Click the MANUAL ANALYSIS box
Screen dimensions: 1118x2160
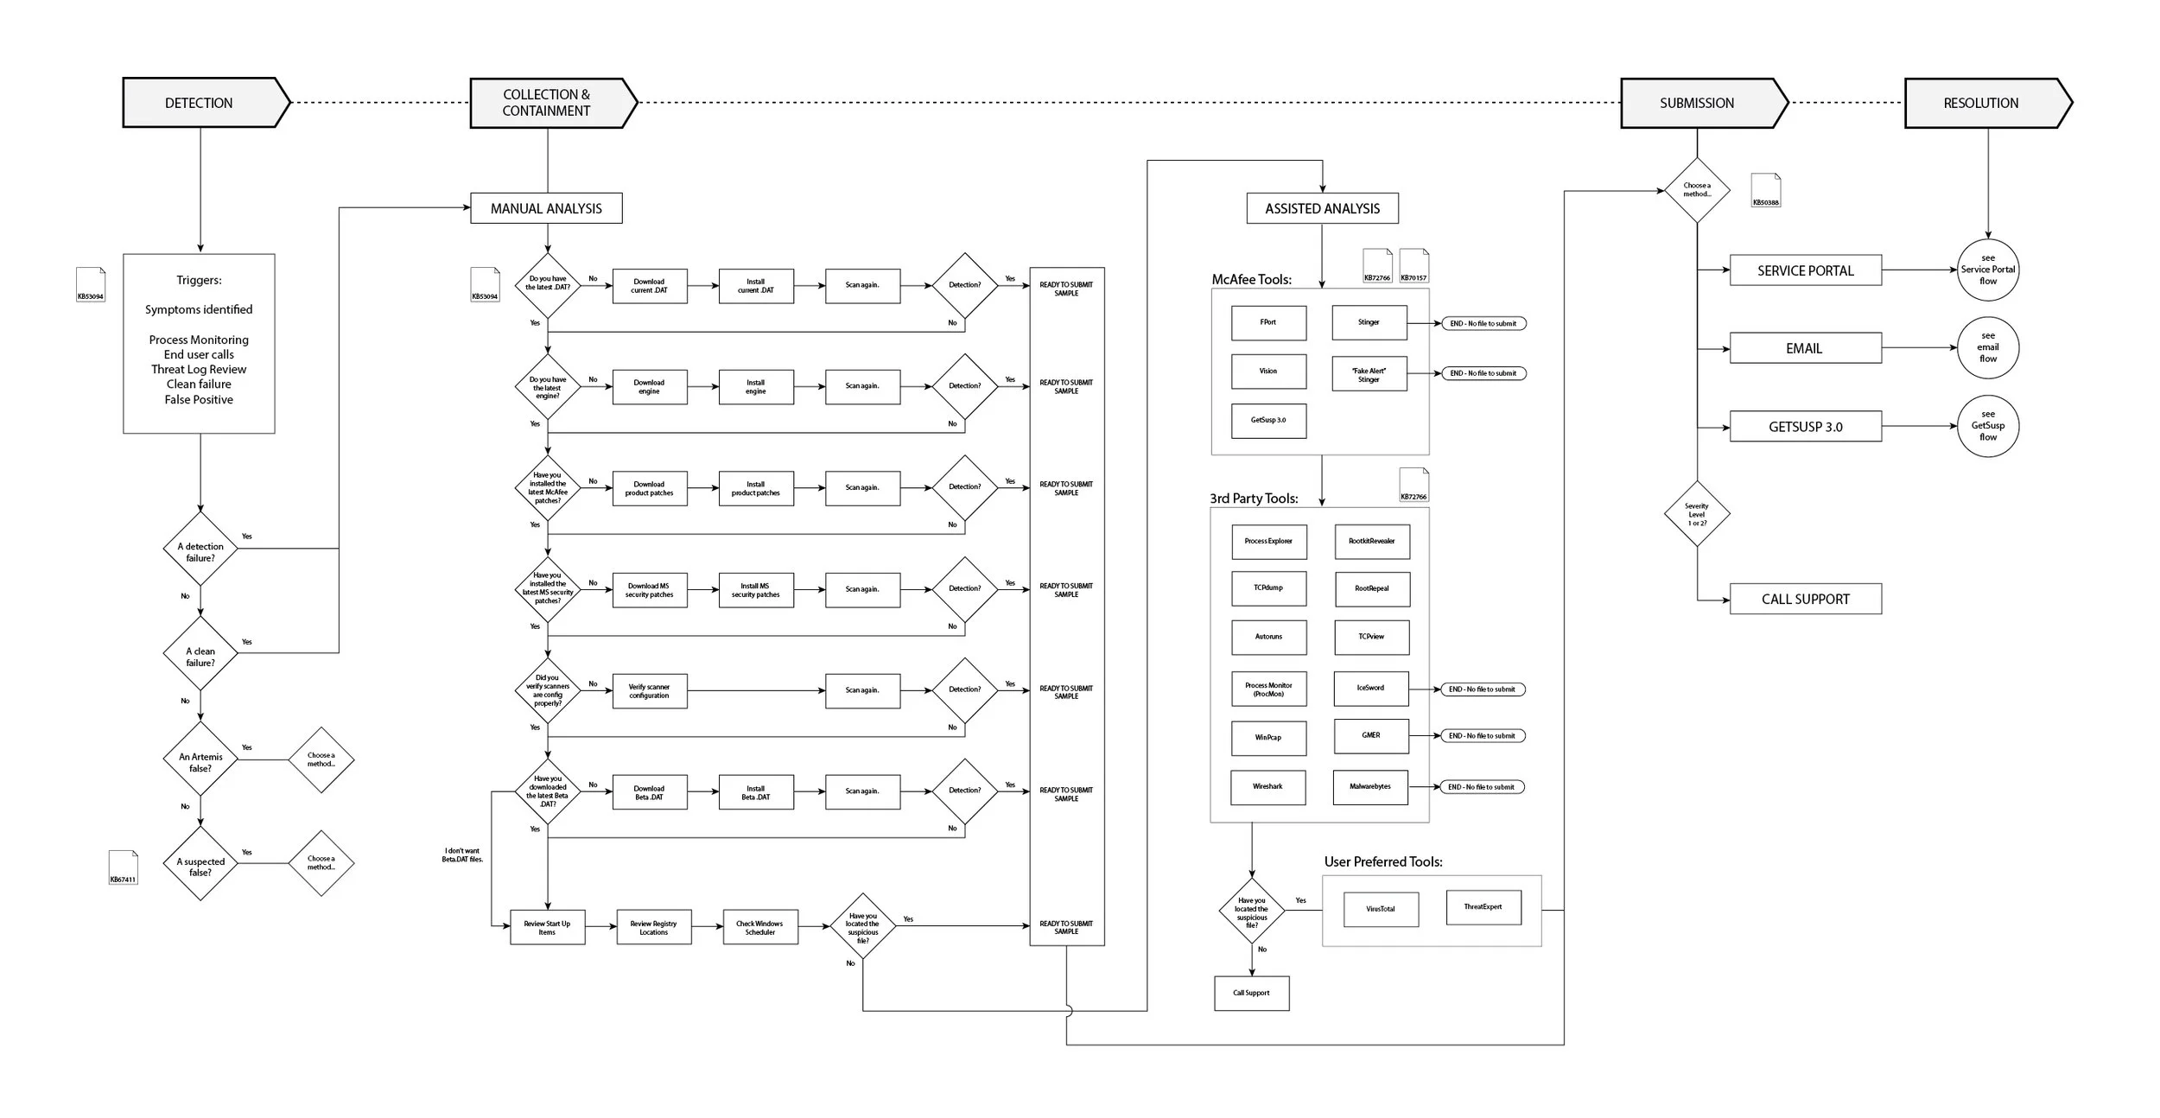pyautogui.click(x=546, y=208)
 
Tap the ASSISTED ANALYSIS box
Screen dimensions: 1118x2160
pyautogui.click(x=1322, y=208)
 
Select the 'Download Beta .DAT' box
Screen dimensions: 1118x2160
pyautogui.click(x=650, y=791)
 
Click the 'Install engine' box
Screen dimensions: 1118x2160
pyautogui.click(x=756, y=387)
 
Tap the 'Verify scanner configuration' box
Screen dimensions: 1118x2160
pyautogui.click(x=650, y=691)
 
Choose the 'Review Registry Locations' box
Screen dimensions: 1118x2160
pyautogui.click(x=654, y=927)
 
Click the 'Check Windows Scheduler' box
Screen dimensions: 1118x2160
pyautogui.click(x=760, y=927)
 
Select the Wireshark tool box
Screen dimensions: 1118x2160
pyautogui.click(x=1268, y=787)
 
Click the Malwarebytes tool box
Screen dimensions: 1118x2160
pyautogui.click(x=1370, y=787)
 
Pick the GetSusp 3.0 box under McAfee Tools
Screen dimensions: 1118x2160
pyautogui.click(x=1268, y=421)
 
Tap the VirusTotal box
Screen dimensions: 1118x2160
pyautogui.click(x=1381, y=909)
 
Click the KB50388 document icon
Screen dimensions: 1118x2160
pyautogui.click(x=1765, y=191)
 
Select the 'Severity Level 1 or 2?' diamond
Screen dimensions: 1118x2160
pyautogui.click(x=1697, y=514)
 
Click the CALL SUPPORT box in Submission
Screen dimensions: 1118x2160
pyautogui.click(x=1805, y=599)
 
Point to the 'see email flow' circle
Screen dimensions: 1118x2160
pyautogui.click(x=1987, y=347)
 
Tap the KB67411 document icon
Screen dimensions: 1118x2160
pyautogui.click(x=123, y=867)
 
